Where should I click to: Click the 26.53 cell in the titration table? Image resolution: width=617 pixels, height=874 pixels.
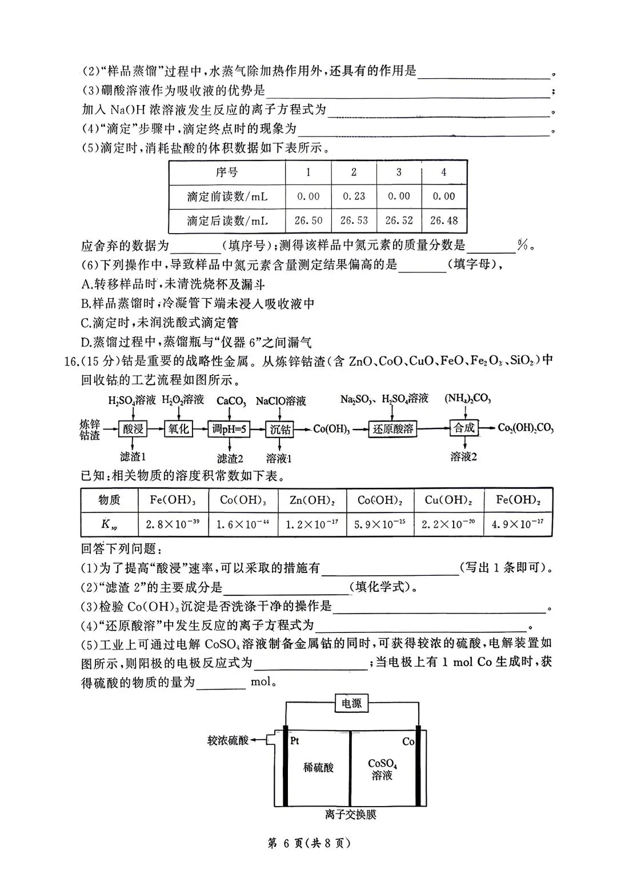pyautogui.click(x=354, y=220)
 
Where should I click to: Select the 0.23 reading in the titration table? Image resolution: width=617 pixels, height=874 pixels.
pyautogui.click(x=354, y=196)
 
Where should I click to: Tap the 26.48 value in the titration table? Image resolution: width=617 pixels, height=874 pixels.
pyautogui.click(x=444, y=220)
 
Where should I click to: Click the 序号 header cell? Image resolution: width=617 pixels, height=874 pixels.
pyautogui.click(x=227, y=172)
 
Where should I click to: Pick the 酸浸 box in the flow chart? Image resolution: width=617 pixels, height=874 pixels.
pyautogui.click(x=133, y=428)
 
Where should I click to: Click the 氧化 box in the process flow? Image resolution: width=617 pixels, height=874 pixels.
pyautogui.click(x=179, y=428)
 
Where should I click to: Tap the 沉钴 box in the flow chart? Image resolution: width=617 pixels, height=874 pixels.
pyautogui.click(x=280, y=428)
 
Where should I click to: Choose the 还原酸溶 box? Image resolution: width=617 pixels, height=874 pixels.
pyautogui.click(x=393, y=428)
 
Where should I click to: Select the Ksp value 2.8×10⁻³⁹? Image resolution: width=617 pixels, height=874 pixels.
pyautogui.click(x=173, y=524)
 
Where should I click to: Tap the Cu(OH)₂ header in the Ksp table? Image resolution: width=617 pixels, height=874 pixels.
pyautogui.click(x=448, y=500)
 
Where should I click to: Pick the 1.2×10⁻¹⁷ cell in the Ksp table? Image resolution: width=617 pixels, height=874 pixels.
pyautogui.click(x=312, y=524)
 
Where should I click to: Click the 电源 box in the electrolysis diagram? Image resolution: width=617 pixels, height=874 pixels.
pyautogui.click(x=351, y=703)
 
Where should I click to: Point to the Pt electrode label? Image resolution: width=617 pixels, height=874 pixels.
pyautogui.click(x=295, y=741)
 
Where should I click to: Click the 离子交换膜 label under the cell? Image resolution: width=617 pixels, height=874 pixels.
pyautogui.click(x=351, y=815)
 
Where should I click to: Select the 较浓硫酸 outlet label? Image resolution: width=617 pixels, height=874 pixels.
pyautogui.click(x=229, y=740)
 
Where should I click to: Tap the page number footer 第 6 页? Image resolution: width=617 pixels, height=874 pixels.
pyautogui.click(x=308, y=843)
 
